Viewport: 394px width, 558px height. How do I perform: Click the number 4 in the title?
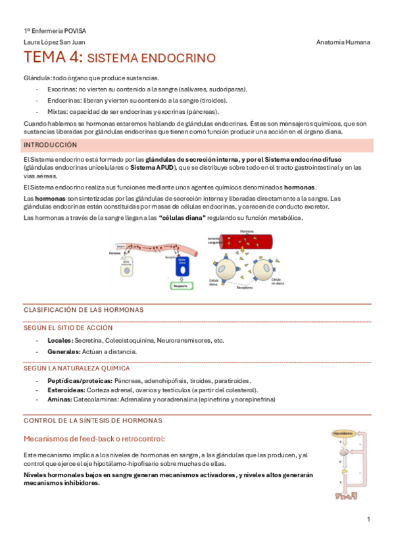(72, 58)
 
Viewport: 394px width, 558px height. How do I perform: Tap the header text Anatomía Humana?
(343, 42)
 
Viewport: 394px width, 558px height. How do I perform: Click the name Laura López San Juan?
(51, 42)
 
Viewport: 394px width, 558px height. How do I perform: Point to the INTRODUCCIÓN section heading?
(50, 145)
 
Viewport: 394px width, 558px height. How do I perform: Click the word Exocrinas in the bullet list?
(61, 89)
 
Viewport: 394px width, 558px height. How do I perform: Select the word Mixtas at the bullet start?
(57, 111)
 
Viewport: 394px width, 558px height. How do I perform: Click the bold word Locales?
(60, 340)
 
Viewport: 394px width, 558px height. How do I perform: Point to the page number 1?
(368, 520)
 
